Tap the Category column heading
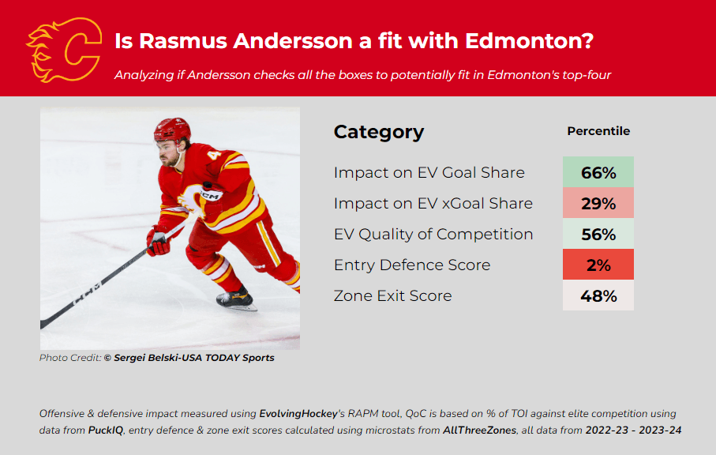tap(379, 132)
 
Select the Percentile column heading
tap(598, 131)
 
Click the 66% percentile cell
tap(598, 172)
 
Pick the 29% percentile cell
tap(598, 203)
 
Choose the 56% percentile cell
tap(598, 234)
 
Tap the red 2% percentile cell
tap(598, 264)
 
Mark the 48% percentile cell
tap(598, 295)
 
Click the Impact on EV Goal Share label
tap(429, 173)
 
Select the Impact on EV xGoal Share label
tap(433, 203)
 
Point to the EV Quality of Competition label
tap(433, 235)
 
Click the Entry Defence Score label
tap(412, 265)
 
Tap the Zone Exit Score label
tap(392, 295)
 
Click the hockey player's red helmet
tap(172, 130)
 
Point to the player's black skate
tap(235, 299)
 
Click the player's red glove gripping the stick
tap(158, 240)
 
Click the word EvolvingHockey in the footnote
tap(298, 414)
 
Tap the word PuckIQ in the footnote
tap(106, 431)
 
